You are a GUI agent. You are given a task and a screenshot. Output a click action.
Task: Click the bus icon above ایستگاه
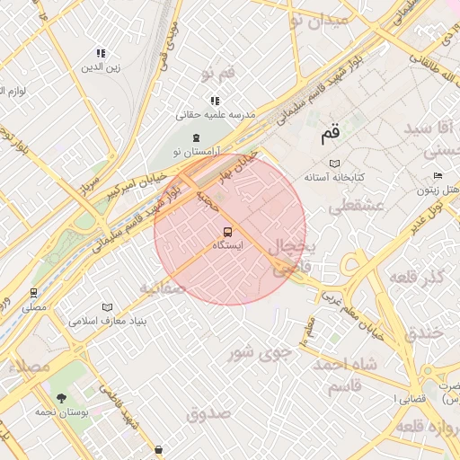pos(226,231)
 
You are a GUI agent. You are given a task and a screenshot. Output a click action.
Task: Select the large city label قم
pos(330,134)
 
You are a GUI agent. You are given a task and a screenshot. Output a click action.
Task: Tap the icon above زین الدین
pos(102,53)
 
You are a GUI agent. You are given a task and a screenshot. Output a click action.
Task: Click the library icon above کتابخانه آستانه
pos(335,164)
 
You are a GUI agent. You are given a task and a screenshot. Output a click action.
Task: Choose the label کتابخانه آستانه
pos(334,178)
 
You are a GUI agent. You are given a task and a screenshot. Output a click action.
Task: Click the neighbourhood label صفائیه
pos(162,288)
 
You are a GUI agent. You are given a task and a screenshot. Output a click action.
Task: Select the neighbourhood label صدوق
pos(208,413)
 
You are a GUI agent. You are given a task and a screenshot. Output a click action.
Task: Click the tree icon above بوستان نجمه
pos(61,397)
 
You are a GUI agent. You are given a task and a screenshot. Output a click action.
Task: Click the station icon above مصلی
pos(34,293)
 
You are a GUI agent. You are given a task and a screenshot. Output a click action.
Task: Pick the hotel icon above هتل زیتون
pos(438,175)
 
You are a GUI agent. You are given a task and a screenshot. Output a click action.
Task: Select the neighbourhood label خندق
pos(425,332)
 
